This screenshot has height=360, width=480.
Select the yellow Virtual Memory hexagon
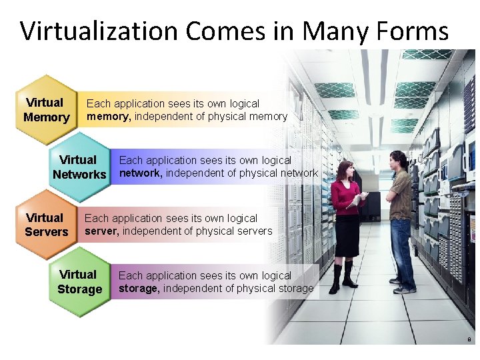46,110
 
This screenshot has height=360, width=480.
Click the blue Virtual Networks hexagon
79,167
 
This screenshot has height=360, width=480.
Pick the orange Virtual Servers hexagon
46,225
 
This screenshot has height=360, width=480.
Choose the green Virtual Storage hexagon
79,282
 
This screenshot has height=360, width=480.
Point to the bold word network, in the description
141,173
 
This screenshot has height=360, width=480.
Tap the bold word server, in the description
101,231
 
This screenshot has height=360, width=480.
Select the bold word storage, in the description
139,289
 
